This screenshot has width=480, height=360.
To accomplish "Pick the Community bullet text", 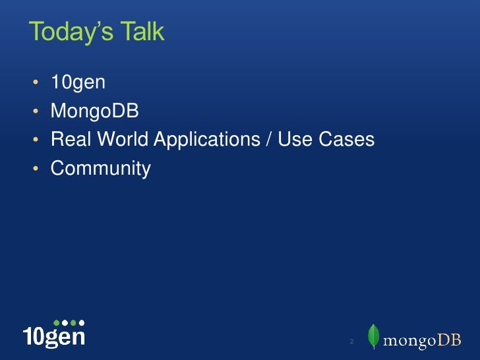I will (x=101, y=169).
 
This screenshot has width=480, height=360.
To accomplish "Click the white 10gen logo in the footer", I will (x=54, y=336).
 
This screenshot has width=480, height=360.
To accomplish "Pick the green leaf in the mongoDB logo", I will (x=374, y=336).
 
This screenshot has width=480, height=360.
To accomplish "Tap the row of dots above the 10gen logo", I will (x=69, y=322).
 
